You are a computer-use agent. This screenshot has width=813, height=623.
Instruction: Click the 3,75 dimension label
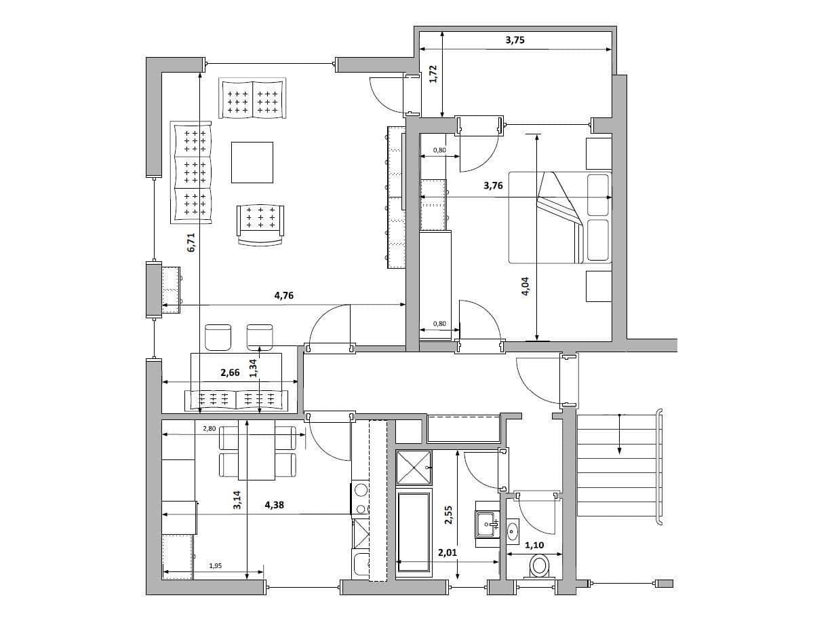coord(515,40)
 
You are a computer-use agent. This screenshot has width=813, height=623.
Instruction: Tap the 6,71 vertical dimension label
coord(191,242)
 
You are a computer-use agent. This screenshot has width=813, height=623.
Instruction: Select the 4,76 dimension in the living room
coord(283,295)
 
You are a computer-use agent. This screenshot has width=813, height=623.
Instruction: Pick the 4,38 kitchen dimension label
coord(275,504)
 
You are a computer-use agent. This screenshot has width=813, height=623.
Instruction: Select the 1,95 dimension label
coord(215,565)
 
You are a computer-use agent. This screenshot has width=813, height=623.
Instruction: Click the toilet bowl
coord(540,565)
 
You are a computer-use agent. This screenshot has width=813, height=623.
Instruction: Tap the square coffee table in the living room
coord(252,162)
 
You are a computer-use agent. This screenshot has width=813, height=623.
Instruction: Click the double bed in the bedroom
coord(560,217)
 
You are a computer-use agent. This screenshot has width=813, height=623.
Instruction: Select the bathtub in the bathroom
coord(413,534)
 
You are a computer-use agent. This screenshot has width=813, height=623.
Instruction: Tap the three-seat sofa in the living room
coord(191,173)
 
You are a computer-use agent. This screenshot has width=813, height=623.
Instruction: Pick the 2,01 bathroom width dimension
coord(447,553)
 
